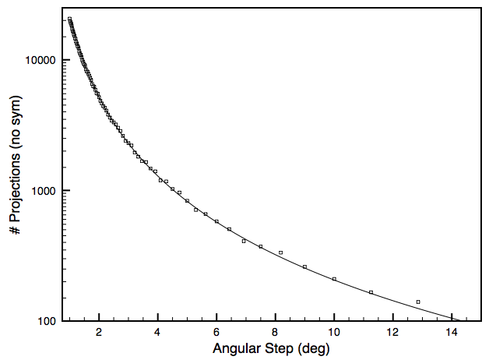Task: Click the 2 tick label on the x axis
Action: (99, 333)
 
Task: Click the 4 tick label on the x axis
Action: (157, 333)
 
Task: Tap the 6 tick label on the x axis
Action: (216, 333)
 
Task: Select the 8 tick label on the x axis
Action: (275, 333)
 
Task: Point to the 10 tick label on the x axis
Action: (334, 333)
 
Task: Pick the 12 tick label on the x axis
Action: (392, 333)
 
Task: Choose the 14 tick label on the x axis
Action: (452, 333)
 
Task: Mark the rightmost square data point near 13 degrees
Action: (418, 302)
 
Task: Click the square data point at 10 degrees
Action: (334, 279)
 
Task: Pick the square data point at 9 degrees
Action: (304, 266)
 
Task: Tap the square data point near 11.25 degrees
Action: (371, 292)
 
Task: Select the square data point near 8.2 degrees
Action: (281, 252)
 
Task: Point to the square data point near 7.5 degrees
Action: (261, 246)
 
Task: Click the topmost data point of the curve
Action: (69, 19)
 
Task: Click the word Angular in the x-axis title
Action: (234, 348)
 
